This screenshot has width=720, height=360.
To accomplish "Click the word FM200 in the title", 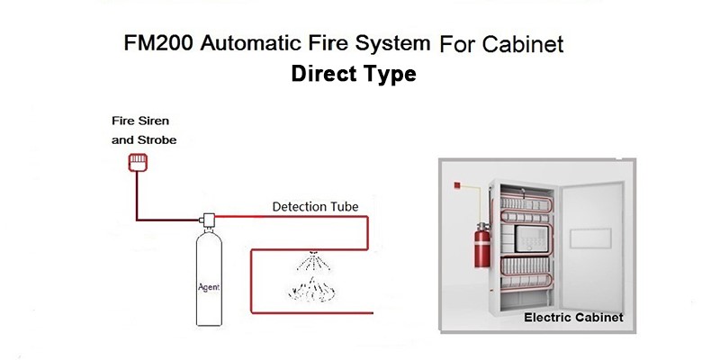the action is click(158, 43).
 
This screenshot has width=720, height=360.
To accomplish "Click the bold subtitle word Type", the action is click(390, 75).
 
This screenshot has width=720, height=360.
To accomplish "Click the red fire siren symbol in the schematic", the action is click(138, 163).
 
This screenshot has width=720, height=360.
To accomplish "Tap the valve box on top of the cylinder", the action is click(208, 220).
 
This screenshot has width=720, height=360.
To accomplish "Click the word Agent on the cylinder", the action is click(209, 288).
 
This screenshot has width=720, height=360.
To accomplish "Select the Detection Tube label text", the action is click(315, 207).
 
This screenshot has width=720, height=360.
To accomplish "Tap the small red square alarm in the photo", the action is click(457, 185).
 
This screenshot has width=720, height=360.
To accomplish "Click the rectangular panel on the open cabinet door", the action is click(590, 238).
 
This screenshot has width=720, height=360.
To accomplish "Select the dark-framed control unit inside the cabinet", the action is click(531, 238).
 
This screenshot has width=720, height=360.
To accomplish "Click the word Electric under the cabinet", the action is click(545, 318).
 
